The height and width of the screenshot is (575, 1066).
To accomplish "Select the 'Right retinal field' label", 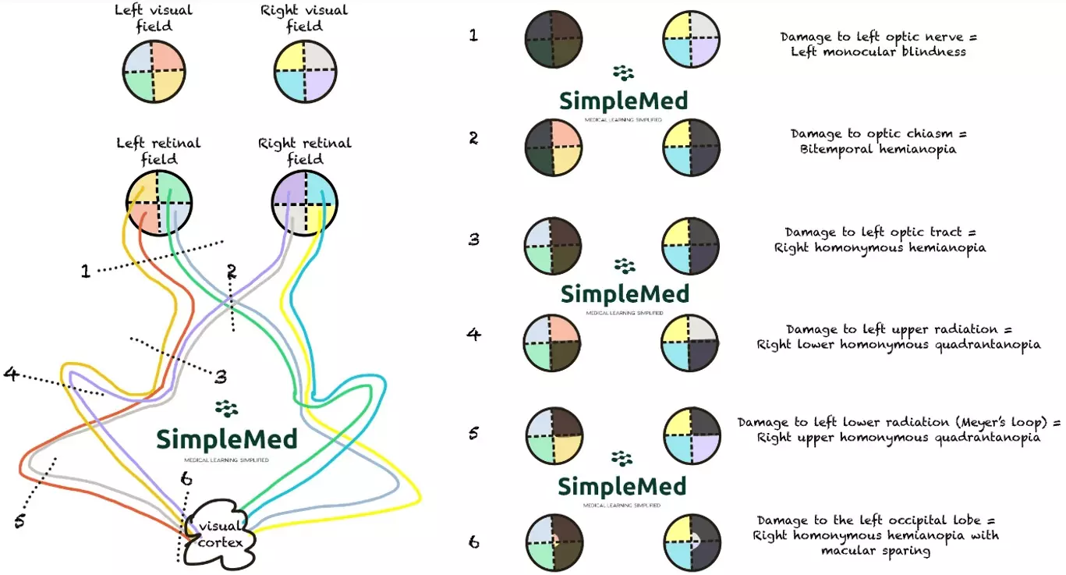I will [304, 151].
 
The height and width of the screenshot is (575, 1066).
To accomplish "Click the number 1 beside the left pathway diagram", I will [86, 271].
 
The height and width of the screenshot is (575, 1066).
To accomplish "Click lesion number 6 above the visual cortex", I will [185, 478].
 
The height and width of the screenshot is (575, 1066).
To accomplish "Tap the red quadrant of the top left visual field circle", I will [168, 57].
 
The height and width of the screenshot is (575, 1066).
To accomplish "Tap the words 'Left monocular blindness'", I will [878, 51].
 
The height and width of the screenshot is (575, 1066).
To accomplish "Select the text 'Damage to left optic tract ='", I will [880, 232].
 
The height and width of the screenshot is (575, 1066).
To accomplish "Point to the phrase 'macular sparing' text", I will [875, 551].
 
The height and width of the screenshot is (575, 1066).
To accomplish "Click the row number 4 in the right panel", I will [473, 335].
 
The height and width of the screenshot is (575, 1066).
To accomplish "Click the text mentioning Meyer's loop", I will [898, 423].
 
